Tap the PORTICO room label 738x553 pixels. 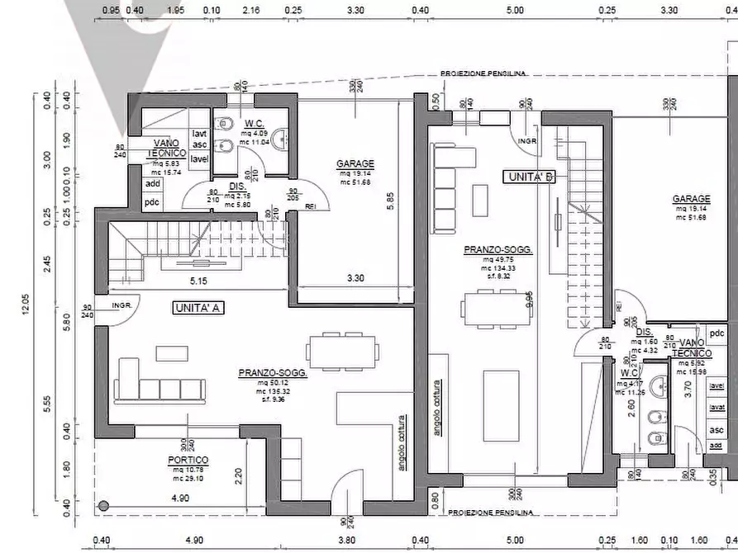pyautogui.click(x=187, y=460)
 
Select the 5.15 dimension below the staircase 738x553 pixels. pyautogui.click(x=198, y=281)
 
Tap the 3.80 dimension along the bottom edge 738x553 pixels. pyautogui.click(x=346, y=541)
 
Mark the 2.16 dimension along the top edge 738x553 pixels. pyautogui.click(x=252, y=12)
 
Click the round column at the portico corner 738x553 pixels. pyautogui.click(x=103, y=506)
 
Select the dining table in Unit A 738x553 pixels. pyautogui.click(x=341, y=350)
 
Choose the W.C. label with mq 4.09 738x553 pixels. pyautogui.click(x=254, y=124)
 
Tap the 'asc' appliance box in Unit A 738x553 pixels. pyautogui.click(x=199, y=145)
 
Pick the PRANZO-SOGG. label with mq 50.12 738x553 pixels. pyautogui.click(x=273, y=373)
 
